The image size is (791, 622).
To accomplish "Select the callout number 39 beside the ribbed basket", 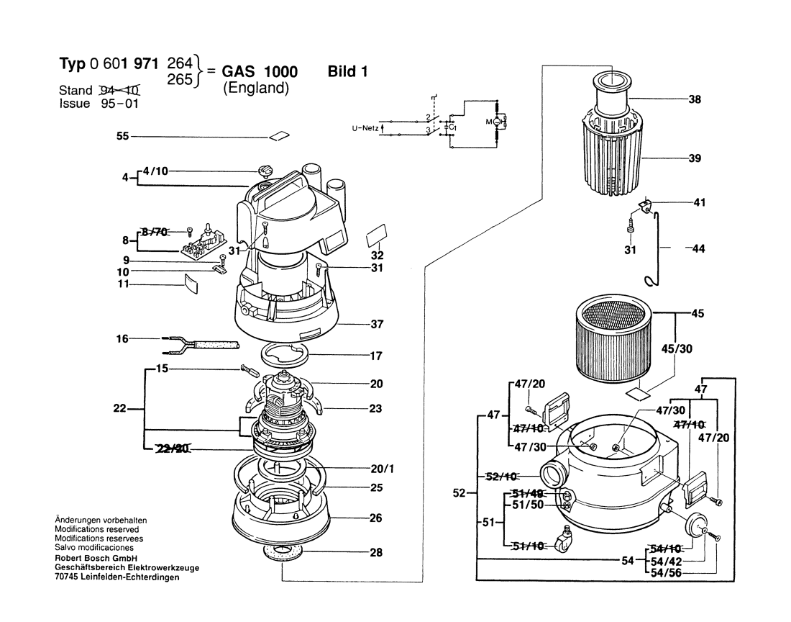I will click(694, 158).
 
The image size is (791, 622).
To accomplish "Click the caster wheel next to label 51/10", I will click(566, 538).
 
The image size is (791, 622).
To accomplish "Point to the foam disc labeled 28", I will click(283, 554).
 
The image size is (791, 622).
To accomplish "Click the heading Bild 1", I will click(347, 72).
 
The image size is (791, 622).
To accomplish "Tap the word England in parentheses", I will click(255, 89).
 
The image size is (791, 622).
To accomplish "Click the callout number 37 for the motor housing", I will click(377, 325).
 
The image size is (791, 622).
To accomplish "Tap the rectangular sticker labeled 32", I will click(377, 235).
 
